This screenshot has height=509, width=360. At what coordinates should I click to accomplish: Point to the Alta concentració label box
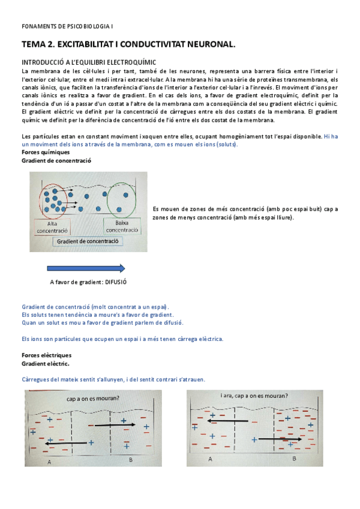pos(52,226)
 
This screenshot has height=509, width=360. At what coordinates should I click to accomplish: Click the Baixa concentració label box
pos(122,226)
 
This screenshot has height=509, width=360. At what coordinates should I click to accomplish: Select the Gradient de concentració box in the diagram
pos(88,241)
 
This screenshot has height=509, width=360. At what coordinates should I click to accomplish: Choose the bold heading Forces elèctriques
pos(46,355)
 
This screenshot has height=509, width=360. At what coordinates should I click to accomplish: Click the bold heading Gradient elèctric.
pos(46,364)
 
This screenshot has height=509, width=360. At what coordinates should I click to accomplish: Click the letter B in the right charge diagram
pos(294,458)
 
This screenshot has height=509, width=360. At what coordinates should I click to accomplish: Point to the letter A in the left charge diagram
pos(49,462)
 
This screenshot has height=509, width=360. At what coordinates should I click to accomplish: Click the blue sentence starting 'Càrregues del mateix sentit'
pos(113,379)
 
